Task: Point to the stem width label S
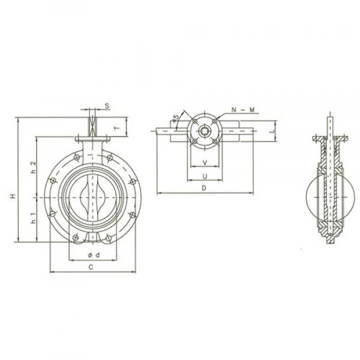point(106,106)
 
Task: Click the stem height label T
point(118,128)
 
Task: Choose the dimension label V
point(205,163)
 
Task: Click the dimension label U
point(205,176)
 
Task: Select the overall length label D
point(204,188)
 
